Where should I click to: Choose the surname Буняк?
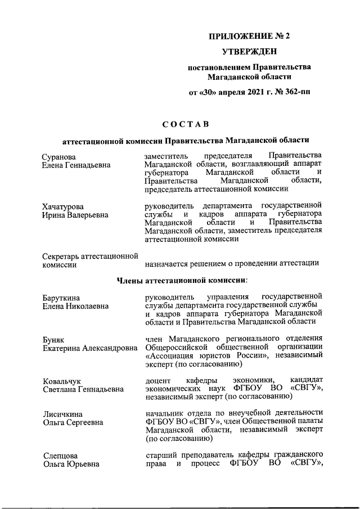(54, 339)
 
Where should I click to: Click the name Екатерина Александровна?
(90, 348)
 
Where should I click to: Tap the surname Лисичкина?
(63, 415)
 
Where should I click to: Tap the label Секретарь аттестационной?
(90, 256)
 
